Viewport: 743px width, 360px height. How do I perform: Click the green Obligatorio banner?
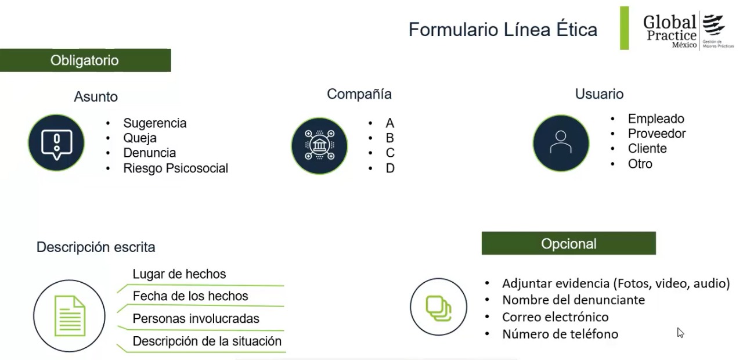click(x=85, y=60)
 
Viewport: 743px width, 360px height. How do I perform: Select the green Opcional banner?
click(x=568, y=243)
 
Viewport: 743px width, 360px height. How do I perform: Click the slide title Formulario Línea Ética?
click(x=503, y=30)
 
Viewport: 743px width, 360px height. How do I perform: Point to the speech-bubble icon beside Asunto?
click(x=56, y=143)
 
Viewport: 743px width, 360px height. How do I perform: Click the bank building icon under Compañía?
click(x=319, y=146)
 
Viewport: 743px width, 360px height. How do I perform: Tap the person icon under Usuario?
click(x=561, y=143)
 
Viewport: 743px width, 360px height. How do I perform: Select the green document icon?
click(x=70, y=316)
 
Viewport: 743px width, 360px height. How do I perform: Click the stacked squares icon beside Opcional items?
click(x=438, y=307)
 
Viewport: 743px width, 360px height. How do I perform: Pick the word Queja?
click(x=140, y=138)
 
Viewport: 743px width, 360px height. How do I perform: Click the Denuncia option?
click(x=150, y=153)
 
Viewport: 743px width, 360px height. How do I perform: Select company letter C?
click(x=389, y=153)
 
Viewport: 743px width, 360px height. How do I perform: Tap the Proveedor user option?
click(x=657, y=134)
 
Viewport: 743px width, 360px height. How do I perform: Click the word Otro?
click(x=640, y=164)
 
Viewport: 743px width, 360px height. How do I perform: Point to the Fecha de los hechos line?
click(x=190, y=296)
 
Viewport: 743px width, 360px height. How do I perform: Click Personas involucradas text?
click(x=196, y=319)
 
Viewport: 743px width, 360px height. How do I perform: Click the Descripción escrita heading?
click(x=96, y=247)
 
